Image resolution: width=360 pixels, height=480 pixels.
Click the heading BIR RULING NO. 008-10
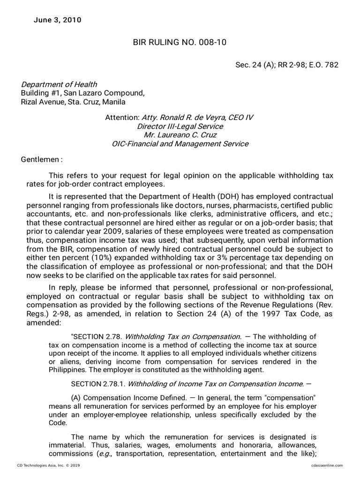coord(180,43)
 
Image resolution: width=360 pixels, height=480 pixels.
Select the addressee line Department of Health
coord(59,84)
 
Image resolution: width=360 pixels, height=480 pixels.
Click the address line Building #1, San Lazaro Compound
coord(83,93)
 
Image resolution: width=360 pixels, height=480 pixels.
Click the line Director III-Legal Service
coord(180,127)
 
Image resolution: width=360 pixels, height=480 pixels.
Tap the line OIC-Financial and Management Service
coord(180,144)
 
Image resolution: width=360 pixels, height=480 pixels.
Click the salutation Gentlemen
coord(41,159)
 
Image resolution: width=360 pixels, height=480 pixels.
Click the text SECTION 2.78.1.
coord(98,384)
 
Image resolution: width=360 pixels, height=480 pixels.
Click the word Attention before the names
coord(122,118)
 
